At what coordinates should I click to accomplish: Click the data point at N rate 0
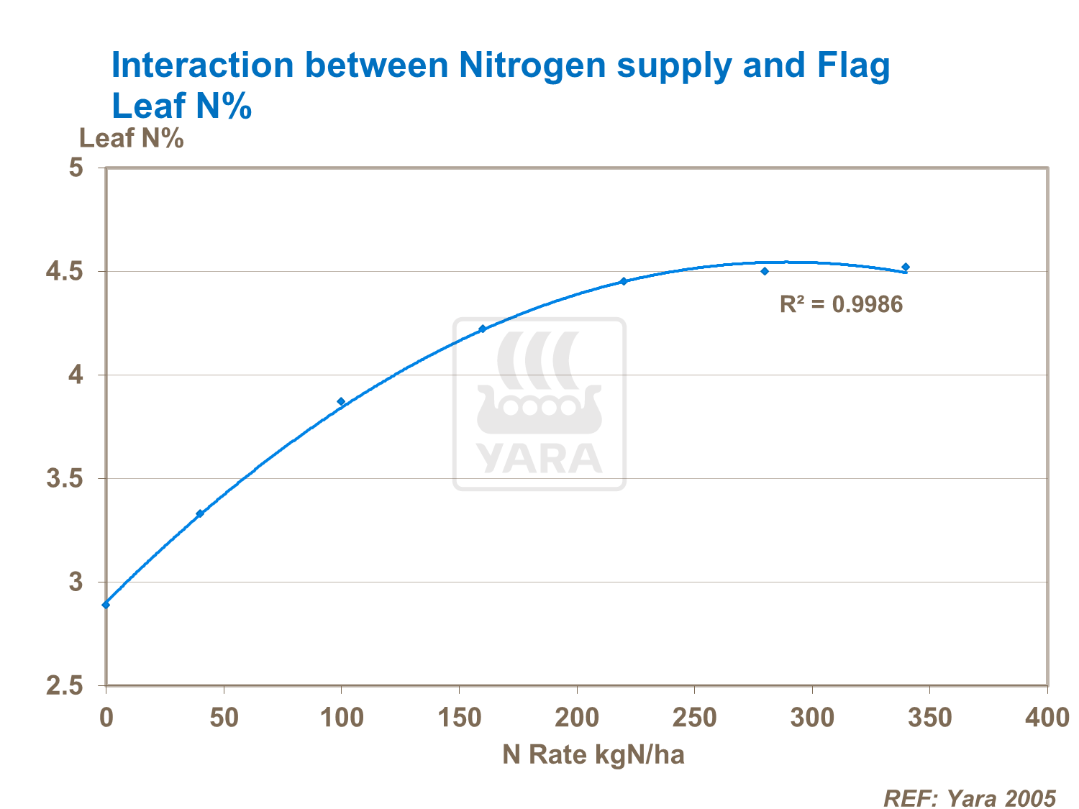point(106,605)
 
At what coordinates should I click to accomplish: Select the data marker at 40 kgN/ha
point(200,513)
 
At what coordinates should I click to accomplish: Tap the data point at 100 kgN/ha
point(341,401)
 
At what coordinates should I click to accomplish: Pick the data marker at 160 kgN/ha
point(483,329)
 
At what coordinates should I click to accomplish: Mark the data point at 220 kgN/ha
point(624,281)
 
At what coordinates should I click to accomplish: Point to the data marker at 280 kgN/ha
point(765,271)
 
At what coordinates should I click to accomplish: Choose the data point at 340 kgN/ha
point(906,267)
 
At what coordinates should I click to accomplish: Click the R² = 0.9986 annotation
point(841,304)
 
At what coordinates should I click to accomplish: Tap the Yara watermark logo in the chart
point(539,404)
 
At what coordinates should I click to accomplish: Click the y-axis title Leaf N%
point(132,138)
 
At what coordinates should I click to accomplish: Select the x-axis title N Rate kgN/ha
point(593,754)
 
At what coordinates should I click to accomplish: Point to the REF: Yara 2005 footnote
point(969,798)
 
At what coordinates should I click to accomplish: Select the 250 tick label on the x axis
point(694,717)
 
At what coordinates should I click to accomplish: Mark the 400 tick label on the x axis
point(1047,717)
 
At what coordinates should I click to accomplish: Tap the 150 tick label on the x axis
point(459,717)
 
